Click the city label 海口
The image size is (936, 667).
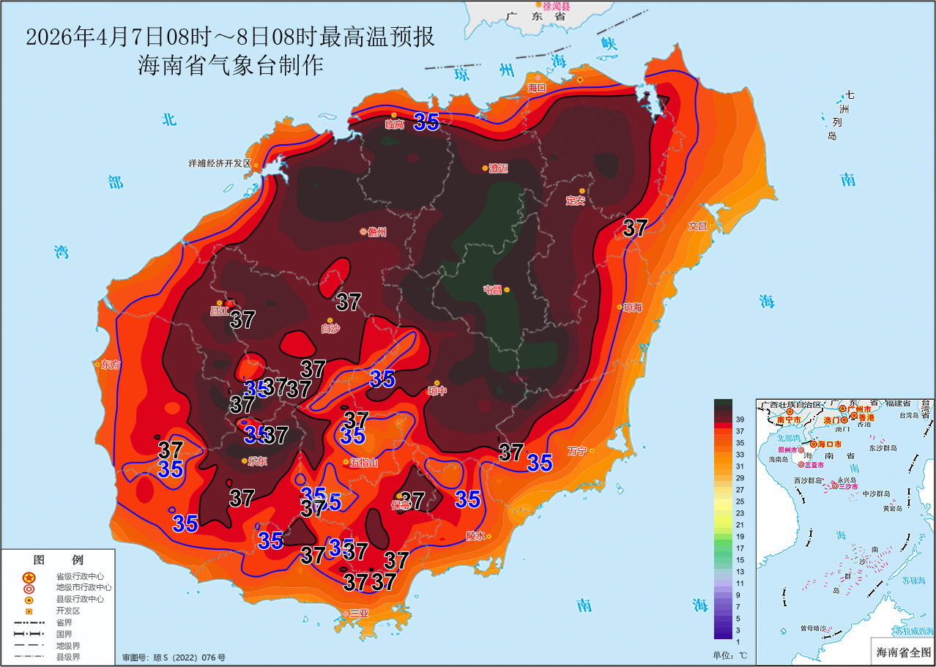(538, 88)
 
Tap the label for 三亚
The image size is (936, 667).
(359, 614)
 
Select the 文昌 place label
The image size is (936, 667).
(697, 226)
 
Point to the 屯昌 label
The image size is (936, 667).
(492, 290)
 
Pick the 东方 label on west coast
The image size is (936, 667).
(111, 364)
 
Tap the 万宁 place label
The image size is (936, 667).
(577, 451)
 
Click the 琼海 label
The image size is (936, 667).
(634, 308)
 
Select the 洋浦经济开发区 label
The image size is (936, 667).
(219, 163)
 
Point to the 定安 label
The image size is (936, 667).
(576, 201)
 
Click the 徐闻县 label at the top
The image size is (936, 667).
(556, 5)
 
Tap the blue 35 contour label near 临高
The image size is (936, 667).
(426, 122)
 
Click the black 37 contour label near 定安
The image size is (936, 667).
(635, 228)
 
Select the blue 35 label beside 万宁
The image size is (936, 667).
(540, 462)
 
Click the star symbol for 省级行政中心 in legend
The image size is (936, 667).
(29, 577)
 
